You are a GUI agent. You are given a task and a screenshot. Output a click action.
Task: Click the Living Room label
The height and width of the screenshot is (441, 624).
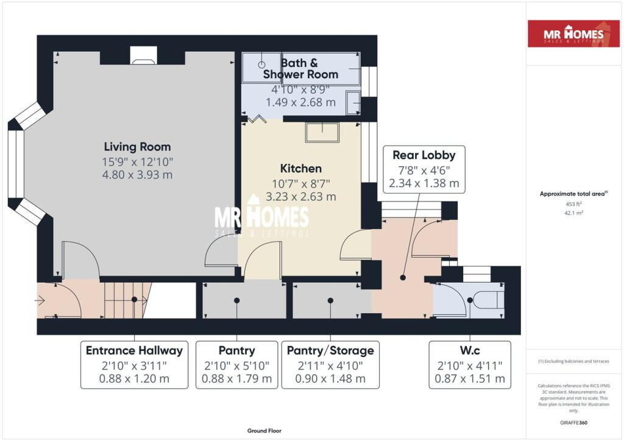click(137, 147)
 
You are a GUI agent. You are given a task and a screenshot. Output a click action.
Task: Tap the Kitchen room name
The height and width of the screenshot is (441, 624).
click(300, 168)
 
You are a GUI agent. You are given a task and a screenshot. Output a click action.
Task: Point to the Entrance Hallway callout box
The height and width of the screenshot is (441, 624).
click(134, 364)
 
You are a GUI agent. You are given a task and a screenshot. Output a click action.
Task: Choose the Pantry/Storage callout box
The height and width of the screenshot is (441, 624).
click(330, 364)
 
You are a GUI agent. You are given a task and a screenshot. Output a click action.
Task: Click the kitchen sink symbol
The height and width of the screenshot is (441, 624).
click(322, 132)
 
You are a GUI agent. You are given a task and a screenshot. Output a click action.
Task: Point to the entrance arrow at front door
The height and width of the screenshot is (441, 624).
click(41, 300)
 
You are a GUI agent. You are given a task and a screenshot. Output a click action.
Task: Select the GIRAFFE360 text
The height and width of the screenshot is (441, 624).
click(573, 422)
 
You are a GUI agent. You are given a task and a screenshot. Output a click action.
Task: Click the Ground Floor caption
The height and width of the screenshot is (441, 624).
click(264, 431)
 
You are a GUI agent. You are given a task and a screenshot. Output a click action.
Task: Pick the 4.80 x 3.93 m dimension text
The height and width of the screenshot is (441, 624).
click(137, 175)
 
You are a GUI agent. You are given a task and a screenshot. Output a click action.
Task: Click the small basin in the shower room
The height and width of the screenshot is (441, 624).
click(353, 103)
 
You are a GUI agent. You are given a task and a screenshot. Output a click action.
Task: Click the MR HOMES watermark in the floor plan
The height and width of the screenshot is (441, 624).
click(262, 219)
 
